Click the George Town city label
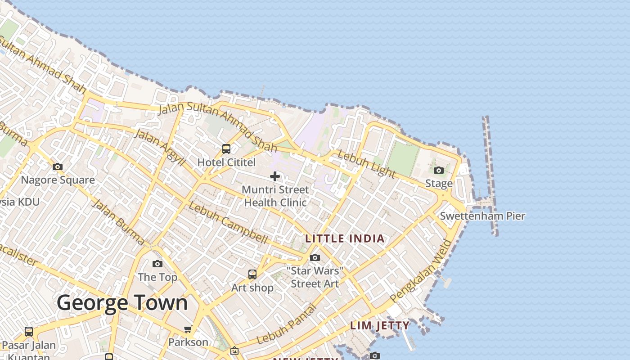(122, 303)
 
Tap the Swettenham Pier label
(482, 216)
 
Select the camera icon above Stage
(439, 170)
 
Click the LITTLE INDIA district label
(345, 238)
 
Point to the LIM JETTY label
(380, 325)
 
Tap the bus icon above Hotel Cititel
(226, 148)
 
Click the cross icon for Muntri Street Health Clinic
(275, 176)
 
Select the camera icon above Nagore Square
(58, 167)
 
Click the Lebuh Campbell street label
(228, 223)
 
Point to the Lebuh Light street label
(366, 164)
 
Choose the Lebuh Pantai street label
(287, 324)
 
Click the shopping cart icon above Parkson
(188, 329)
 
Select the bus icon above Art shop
(252, 274)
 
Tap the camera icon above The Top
(157, 264)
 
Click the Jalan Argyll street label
(160, 147)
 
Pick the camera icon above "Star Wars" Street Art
(315, 257)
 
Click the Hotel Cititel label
(226, 162)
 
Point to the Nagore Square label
(58, 180)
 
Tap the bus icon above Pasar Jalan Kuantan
(29, 332)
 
